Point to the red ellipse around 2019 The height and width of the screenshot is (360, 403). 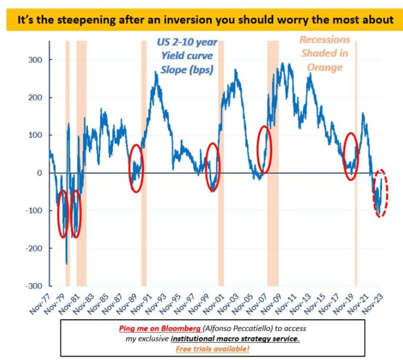(351, 156)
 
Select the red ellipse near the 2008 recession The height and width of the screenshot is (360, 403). (265, 150)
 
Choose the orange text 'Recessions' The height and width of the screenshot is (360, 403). (325, 40)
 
